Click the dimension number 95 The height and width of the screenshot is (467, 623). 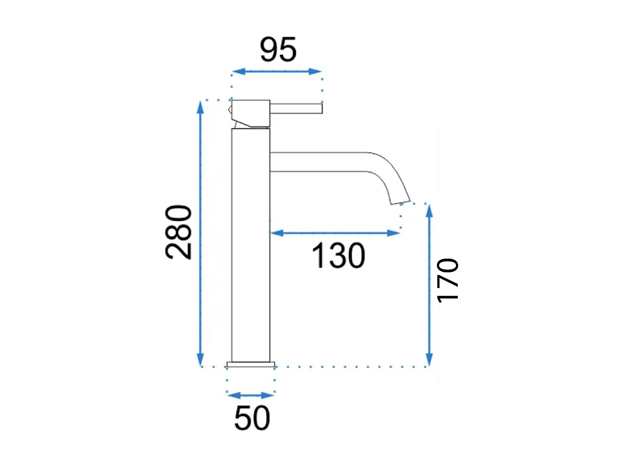pos(278,50)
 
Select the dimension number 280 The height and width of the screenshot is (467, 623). pos(179,232)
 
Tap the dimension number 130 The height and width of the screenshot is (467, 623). pos(338,256)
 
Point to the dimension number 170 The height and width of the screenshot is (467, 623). pos(448,281)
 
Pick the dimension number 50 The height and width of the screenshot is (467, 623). pos(252,418)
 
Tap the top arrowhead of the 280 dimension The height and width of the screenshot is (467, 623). pos(201,107)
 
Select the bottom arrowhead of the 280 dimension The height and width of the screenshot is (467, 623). pos(201,359)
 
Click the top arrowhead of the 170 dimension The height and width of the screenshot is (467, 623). pos(429,211)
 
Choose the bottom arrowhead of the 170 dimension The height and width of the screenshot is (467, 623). pos(429,359)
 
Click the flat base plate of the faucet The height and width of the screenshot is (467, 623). pos(251,364)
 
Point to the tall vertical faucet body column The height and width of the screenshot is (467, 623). pos(251,245)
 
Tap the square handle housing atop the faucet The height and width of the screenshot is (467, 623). pos(251,113)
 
